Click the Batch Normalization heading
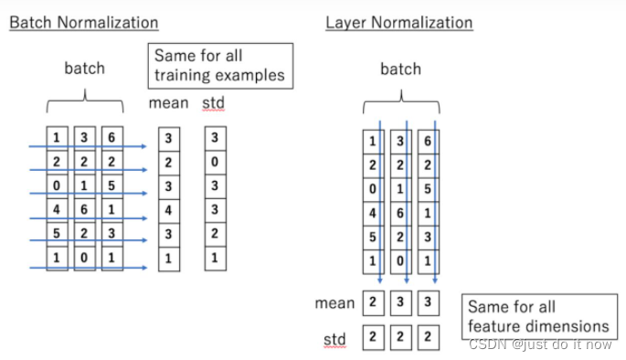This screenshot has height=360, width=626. tap(83, 23)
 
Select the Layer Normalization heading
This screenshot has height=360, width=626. tap(398, 23)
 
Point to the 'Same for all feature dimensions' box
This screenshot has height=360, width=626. tap(536, 316)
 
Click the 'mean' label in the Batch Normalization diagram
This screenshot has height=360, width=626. tap(168, 103)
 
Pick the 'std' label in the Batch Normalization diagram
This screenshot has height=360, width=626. tap(214, 103)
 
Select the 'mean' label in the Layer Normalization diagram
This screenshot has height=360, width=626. tap(334, 302)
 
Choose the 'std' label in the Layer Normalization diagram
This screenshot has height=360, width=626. tap(334, 340)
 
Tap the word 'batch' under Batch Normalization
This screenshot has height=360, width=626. tap(84, 69)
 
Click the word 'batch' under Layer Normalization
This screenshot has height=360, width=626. tap(400, 69)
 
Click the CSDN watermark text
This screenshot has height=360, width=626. tap(540, 344)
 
